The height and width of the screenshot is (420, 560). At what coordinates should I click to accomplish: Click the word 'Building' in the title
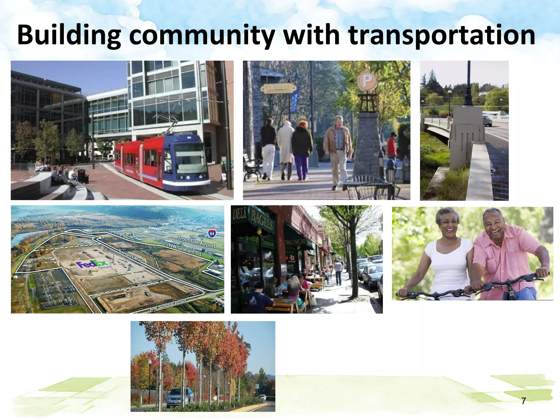[68, 36]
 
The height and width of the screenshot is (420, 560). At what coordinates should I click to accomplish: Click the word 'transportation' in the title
[441, 36]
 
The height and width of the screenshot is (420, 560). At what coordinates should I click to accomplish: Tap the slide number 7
[523, 401]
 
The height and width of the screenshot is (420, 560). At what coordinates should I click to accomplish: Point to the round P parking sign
[367, 80]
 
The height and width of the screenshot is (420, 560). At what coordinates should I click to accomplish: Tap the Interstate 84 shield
[212, 234]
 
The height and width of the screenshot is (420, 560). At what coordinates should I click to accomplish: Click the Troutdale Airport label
[197, 242]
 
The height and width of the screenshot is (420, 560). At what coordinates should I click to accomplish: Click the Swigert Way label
[131, 256]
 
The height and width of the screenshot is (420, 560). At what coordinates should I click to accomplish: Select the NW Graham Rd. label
[185, 249]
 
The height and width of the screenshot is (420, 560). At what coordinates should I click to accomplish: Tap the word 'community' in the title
[202, 36]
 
